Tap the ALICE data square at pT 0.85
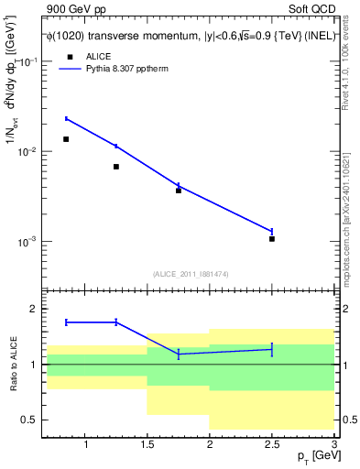66,139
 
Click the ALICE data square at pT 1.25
116,167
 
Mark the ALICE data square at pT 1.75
179,191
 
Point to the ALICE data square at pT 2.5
272,239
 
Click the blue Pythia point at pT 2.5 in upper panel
272,231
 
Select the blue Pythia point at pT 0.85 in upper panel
66,118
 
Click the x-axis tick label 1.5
147,445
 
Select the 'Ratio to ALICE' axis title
11,365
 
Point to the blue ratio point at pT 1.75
179,354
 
